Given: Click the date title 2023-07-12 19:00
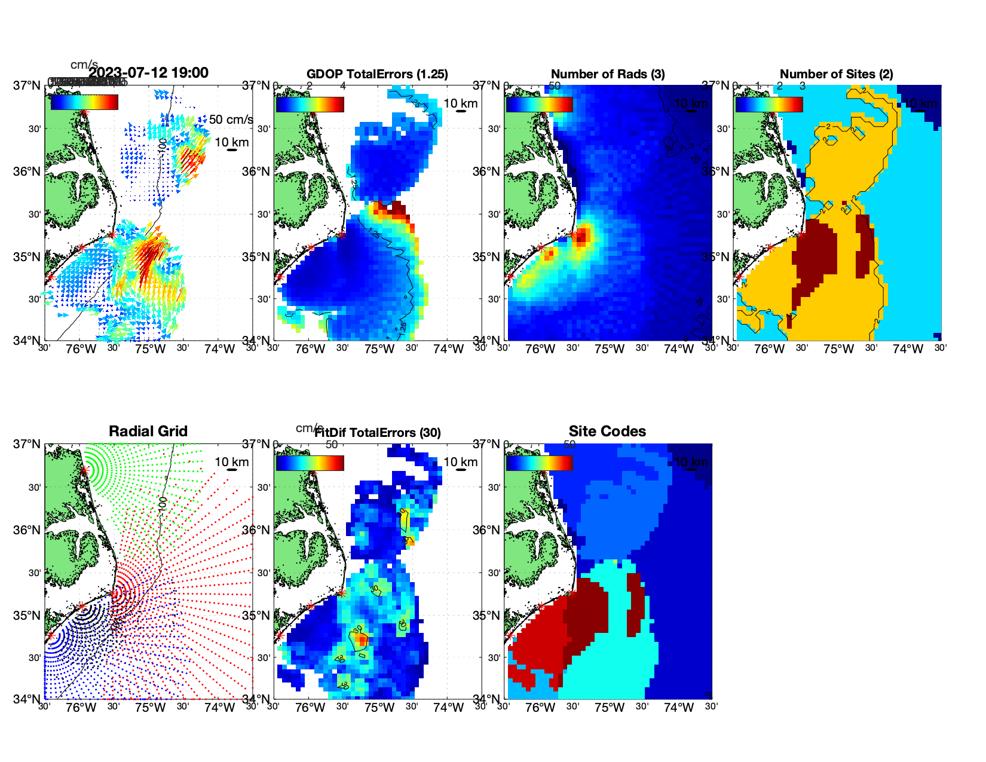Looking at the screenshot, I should pyautogui.click(x=148, y=73).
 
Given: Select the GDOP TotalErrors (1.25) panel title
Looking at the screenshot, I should pyautogui.click(x=377, y=74).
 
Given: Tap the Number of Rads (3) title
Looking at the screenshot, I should pyautogui.click(x=608, y=74).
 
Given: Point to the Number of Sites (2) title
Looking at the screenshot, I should pyautogui.click(x=837, y=74).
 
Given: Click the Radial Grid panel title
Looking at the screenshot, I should pyautogui.click(x=148, y=432).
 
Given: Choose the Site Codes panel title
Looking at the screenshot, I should pyautogui.click(x=607, y=432).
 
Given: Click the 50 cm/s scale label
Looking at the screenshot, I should pyautogui.click(x=231, y=120).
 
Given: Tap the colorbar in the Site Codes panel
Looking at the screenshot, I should pyautogui.click(x=539, y=463).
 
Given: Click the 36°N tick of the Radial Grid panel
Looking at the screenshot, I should pyautogui.click(x=27, y=530).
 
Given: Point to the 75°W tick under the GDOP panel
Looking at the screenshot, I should pyautogui.click(x=379, y=349).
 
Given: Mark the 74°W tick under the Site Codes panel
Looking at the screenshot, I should pyautogui.click(x=678, y=708).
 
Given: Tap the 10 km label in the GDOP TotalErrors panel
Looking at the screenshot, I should pyautogui.click(x=460, y=103).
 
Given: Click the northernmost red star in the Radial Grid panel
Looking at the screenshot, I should pyautogui.click(x=84, y=471).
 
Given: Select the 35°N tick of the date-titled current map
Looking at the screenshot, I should pyautogui.click(x=27, y=257).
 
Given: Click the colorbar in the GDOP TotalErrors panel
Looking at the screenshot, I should pyautogui.click(x=310, y=105).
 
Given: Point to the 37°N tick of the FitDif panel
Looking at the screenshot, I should pyautogui.click(x=256, y=444).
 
